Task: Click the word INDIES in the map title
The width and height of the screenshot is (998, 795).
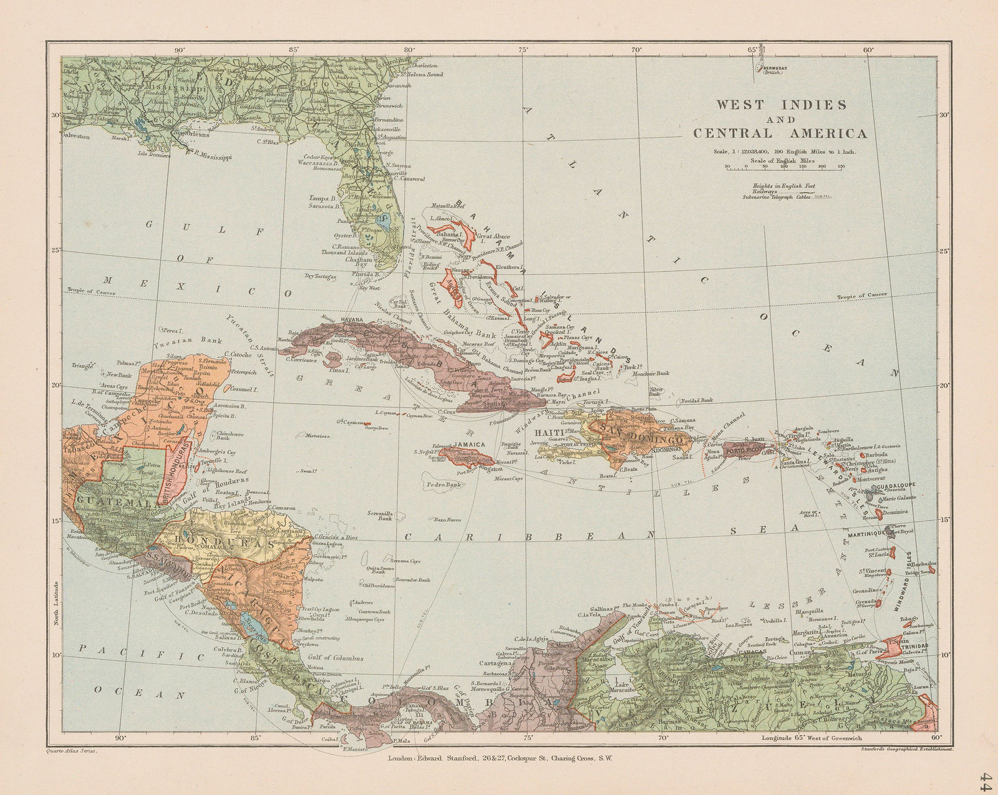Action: point(814,104)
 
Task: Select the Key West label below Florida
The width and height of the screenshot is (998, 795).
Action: point(369,287)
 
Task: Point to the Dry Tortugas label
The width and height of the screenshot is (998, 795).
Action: point(321,275)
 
